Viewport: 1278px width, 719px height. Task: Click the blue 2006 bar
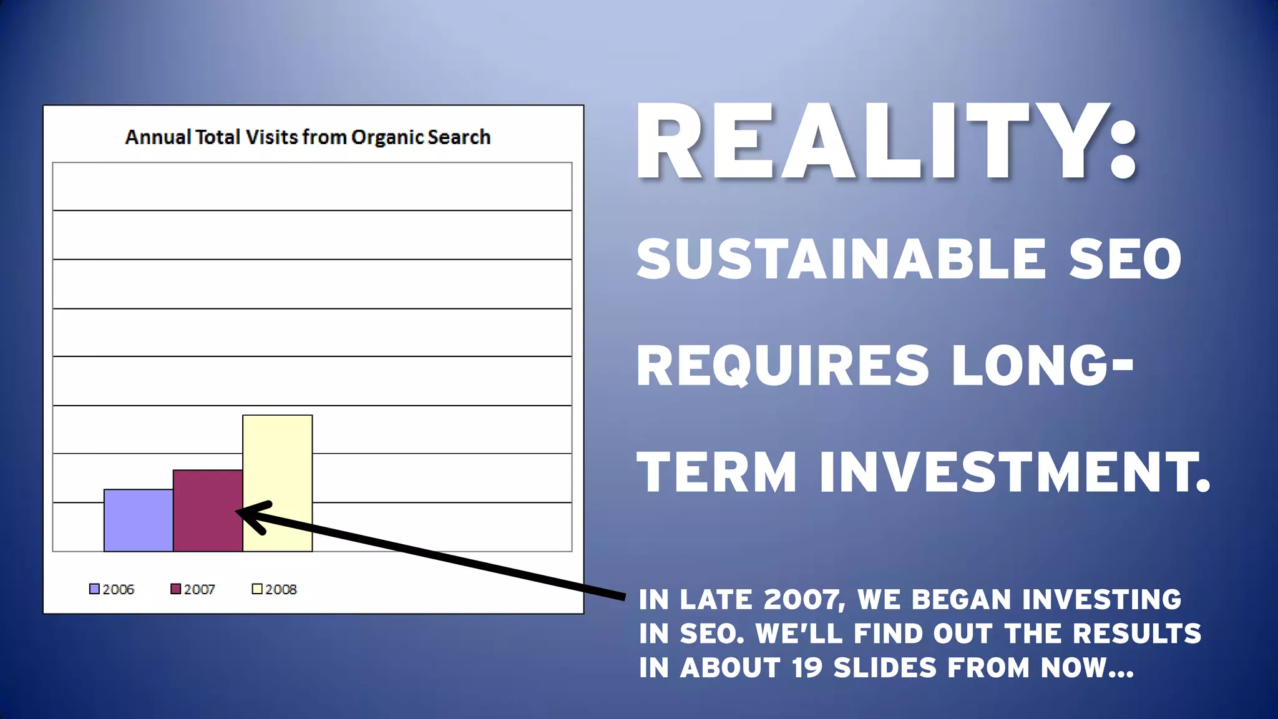[x=139, y=521]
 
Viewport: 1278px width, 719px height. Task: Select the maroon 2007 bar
[x=208, y=511]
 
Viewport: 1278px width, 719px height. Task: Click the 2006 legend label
[x=118, y=589]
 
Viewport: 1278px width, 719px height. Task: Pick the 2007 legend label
[x=199, y=589]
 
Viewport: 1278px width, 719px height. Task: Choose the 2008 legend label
[x=281, y=589]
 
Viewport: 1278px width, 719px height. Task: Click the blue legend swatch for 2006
[x=94, y=589]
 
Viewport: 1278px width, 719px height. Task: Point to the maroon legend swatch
[x=176, y=589]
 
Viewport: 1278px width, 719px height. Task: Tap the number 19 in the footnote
[x=807, y=668]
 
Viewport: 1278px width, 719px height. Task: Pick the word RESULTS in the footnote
[x=1136, y=633]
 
